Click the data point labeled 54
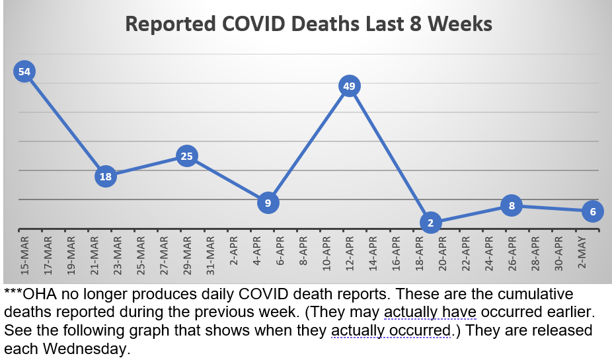point(24,72)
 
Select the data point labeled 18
point(106,176)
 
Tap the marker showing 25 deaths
point(187,157)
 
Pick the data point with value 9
point(268,203)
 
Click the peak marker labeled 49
point(350,86)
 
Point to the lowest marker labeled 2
point(430,223)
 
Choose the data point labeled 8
point(512,205)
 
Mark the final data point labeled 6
point(593,211)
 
